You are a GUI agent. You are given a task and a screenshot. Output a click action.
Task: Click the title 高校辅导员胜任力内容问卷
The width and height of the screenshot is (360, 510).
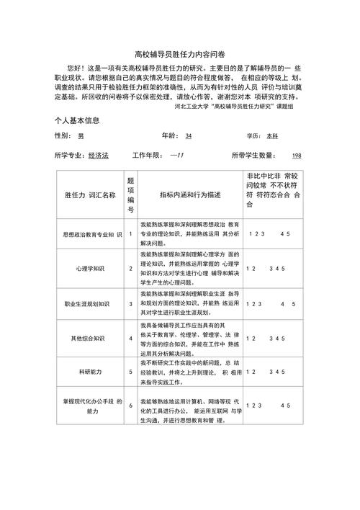[x=179, y=55]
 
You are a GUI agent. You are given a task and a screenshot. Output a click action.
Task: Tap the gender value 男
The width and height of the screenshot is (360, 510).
[x=81, y=135]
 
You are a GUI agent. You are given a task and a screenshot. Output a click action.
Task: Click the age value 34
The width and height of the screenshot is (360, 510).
[x=189, y=135]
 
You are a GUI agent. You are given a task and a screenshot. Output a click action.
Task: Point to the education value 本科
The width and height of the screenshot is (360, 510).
[x=272, y=135]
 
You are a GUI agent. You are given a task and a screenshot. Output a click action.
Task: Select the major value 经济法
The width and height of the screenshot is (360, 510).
[x=98, y=156]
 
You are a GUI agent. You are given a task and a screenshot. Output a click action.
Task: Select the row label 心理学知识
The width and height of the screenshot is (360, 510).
[x=90, y=269]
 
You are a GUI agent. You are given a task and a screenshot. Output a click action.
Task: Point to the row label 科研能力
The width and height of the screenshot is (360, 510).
[x=90, y=372]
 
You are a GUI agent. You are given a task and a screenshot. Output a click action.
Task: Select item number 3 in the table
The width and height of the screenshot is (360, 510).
[x=131, y=304]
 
